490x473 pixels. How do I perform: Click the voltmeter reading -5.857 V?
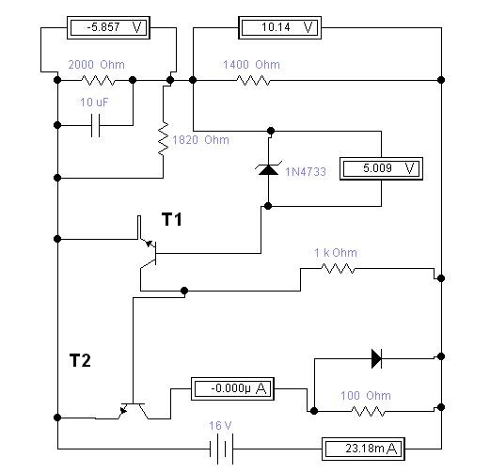pos(108,27)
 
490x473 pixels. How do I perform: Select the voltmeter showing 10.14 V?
pos(279,27)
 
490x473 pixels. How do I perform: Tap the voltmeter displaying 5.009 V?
pos(381,168)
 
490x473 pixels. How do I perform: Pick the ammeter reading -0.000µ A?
pos(232,388)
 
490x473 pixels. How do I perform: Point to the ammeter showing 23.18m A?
pos(363,449)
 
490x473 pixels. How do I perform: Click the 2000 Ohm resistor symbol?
pos(98,80)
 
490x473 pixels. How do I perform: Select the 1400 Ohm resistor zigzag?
pos(253,80)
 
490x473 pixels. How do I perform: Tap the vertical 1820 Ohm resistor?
pos(164,138)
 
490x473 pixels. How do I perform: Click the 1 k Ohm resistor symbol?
pos(339,269)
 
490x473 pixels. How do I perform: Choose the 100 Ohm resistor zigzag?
pos(368,411)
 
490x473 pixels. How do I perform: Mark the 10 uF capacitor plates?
pos(95,125)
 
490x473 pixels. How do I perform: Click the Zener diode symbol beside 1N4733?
pos(268,169)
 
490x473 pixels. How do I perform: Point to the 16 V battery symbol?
pos(221,449)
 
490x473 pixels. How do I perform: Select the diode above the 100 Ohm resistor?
pos(376,358)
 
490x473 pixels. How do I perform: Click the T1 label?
pos(172,219)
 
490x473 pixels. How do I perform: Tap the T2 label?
pos(80,360)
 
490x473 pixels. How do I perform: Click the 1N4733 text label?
pos(306,172)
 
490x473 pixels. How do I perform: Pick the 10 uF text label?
pos(94,102)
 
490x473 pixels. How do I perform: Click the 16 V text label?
pos(220,425)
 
